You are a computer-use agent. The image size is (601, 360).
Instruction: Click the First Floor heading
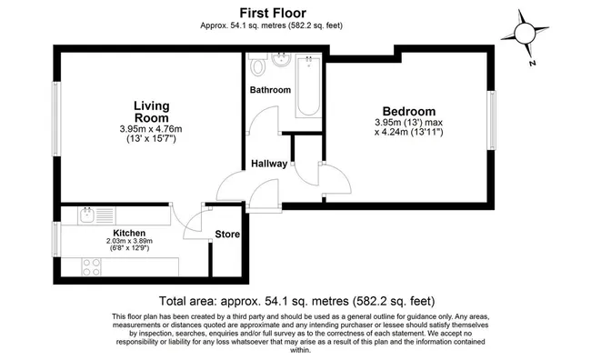(273, 13)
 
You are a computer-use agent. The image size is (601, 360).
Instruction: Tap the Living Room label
(152, 112)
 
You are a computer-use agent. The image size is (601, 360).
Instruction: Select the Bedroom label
(409, 111)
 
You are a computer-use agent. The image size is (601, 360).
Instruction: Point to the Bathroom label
(270, 90)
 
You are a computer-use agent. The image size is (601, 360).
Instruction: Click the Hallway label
(269, 164)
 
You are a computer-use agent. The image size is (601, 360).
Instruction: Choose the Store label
(227, 234)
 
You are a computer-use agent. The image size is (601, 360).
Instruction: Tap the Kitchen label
(129, 233)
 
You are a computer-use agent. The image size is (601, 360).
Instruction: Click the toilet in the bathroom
(257, 64)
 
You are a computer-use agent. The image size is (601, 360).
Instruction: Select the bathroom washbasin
(281, 60)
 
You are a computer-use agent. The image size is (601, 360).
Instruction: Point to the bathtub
(308, 85)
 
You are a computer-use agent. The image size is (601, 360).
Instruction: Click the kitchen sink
(96, 215)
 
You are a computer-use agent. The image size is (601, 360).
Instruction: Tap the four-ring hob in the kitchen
(92, 267)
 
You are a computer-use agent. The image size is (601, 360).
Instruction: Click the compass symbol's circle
(525, 34)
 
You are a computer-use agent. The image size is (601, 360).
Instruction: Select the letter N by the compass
(532, 63)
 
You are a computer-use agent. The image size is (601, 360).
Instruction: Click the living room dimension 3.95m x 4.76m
(151, 129)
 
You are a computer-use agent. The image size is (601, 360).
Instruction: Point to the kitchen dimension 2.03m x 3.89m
(129, 241)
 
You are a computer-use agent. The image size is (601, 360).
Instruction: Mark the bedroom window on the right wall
(491, 120)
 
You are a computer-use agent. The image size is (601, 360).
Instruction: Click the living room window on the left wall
(56, 119)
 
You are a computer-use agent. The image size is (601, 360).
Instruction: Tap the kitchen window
(56, 239)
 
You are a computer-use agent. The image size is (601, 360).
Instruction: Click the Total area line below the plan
(296, 301)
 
